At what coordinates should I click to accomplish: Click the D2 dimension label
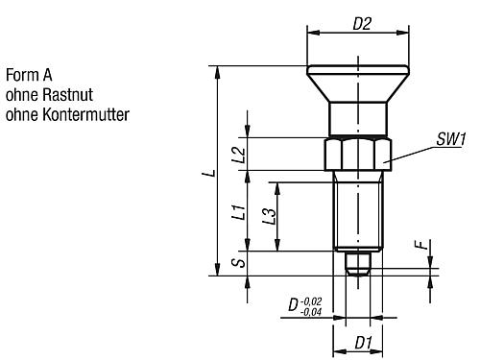(x=362, y=24)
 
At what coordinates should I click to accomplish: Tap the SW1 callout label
(x=451, y=139)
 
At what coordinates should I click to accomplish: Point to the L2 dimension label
(x=239, y=155)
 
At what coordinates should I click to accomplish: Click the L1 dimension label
(x=239, y=212)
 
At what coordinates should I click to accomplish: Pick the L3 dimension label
(x=269, y=216)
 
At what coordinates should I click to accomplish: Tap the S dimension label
(x=239, y=263)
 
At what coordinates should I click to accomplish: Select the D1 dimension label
(x=363, y=343)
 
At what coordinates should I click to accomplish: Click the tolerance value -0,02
(x=311, y=301)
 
